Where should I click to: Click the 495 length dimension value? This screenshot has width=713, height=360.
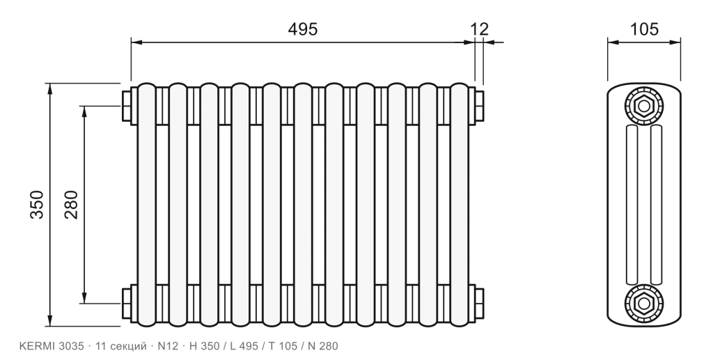point(303,29)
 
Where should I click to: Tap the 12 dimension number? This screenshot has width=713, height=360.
point(480,29)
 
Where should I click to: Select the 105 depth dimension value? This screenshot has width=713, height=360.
point(644,29)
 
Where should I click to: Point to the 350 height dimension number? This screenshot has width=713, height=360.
point(37,205)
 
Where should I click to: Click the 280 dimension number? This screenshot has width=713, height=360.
point(72,205)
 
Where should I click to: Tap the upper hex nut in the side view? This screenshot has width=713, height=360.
point(644,107)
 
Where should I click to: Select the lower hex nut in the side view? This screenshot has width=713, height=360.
point(644,303)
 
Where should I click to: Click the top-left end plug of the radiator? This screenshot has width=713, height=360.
point(127,106)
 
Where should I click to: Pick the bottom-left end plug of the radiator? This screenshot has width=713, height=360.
point(127,303)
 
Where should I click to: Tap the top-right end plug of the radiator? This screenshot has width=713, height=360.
point(479,106)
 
